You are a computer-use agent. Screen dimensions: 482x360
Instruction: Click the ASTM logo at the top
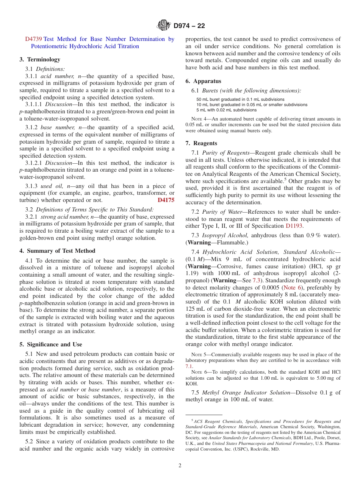pyautogui.click(x=164, y=25)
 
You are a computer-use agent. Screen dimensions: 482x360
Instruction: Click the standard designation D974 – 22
pyautogui.click(x=189, y=26)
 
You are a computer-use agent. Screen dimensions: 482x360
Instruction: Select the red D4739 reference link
pyautogui.click(x=34, y=39)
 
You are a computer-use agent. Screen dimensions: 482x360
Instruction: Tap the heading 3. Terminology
pyautogui.click(x=40, y=59)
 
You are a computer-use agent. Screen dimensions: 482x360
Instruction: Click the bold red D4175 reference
pyautogui.click(x=166, y=200)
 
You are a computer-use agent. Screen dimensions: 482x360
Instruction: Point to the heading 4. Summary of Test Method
pyautogui.click(x=57, y=251)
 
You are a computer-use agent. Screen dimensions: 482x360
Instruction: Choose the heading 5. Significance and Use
pyautogui.click(x=51, y=344)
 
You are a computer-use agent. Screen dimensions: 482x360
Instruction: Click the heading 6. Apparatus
pyautogui.click(x=203, y=81)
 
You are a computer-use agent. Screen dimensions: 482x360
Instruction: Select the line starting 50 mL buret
pyautogui.click(x=235, y=100)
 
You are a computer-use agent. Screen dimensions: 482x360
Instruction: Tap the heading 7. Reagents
pyautogui.click(x=202, y=143)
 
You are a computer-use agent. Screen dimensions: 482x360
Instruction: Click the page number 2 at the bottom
pyautogui.click(x=180, y=466)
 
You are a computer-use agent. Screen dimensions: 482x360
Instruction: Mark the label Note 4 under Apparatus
pyautogui.click(x=198, y=119)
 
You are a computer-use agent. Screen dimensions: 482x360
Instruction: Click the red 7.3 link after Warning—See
pyautogui.click(x=257, y=280)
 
